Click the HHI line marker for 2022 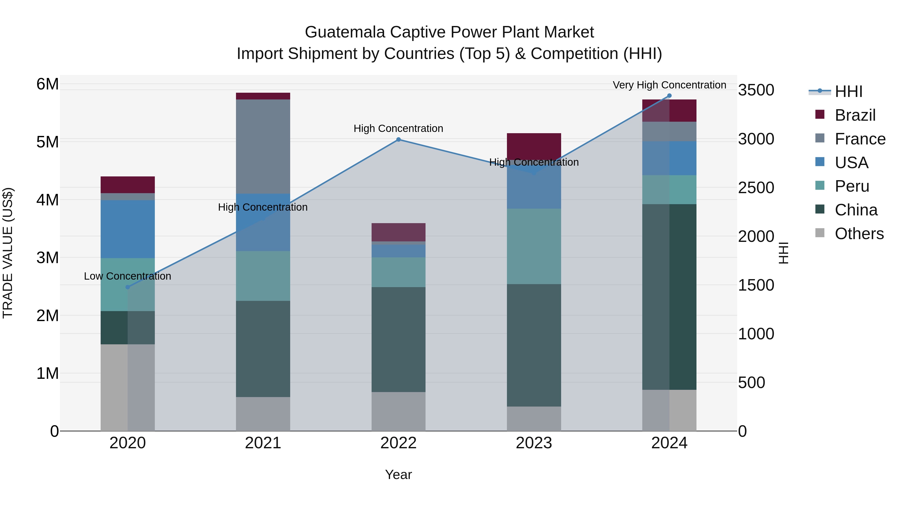tap(398, 140)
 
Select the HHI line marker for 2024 tap(669, 96)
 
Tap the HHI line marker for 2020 tap(128, 287)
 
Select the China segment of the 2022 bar tap(398, 339)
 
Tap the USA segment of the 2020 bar tap(128, 229)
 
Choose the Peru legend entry tap(852, 186)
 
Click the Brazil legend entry tap(855, 115)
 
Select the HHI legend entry tap(848, 91)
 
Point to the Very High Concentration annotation tap(669, 85)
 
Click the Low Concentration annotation tap(128, 276)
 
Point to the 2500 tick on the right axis tap(756, 188)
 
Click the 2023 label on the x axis tap(534, 443)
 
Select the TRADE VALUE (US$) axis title tap(8, 253)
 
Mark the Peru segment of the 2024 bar tap(669, 190)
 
